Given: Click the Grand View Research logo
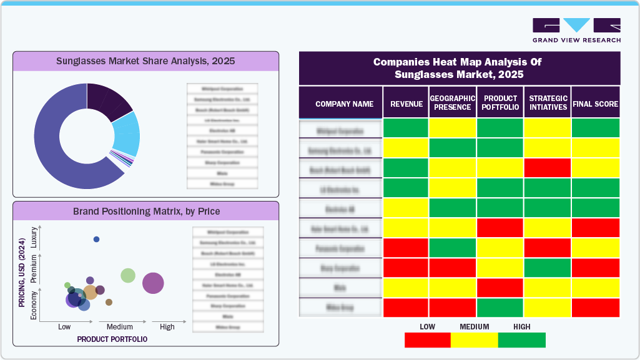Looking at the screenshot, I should (576, 31).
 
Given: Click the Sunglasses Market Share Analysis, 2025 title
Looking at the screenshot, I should (145, 61).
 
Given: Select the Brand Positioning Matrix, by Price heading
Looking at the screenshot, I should (146, 211).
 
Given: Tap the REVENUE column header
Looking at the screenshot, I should (406, 104).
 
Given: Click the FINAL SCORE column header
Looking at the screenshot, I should (595, 104).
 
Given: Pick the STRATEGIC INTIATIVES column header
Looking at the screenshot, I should (548, 103).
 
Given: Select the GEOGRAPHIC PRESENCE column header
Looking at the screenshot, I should (453, 103).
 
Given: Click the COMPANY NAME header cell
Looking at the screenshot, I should (344, 104).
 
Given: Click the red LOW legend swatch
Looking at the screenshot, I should (427, 340).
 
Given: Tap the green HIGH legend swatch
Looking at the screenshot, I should (522, 340).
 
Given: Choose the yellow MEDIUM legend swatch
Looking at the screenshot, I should (474, 340).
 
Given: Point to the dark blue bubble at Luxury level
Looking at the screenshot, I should (96, 240).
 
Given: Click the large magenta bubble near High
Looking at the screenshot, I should (153, 283).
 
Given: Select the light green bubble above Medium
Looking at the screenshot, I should (128, 275).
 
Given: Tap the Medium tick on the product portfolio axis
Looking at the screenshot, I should (119, 327).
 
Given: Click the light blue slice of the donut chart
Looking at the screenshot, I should (126, 134).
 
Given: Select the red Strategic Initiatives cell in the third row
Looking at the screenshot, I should (548, 168).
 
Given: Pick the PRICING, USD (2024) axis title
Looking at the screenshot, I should (22, 272).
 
